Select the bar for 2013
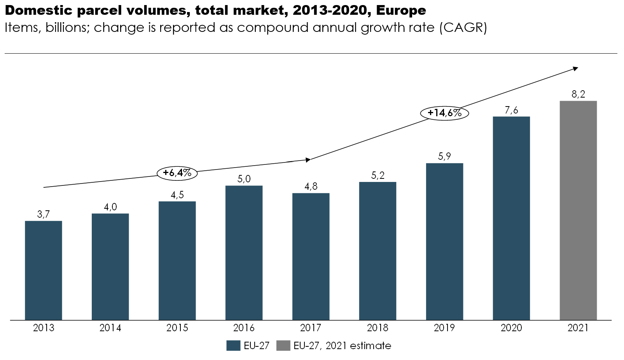coord(44,270)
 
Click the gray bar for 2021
coord(578,210)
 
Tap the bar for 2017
coord(311,257)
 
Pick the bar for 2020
coord(511,218)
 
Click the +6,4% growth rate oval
coord(177,173)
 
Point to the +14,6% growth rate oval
coord(444,113)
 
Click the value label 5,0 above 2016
coord(244,179)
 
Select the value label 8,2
coord(578,94)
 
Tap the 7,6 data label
coord(511,110)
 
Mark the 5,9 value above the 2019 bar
coord(444,156)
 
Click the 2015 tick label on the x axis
coord(177,328)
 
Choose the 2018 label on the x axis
coord(378,328)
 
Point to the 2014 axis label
coord(110,328)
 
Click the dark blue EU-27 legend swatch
coord(233,346)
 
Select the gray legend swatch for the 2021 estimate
coord(283,346)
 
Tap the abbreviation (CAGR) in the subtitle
coord(463,28)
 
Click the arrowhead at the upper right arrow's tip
coord(575,69)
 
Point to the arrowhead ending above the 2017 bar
coord(308,160)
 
